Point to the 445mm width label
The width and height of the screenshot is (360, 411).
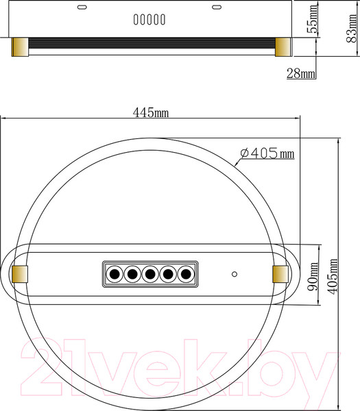(x=151, y=112)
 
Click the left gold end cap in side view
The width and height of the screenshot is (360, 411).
(x=21, y=47)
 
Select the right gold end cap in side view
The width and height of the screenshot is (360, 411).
(x=283, y=47)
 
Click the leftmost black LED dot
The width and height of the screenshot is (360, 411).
(x=115, y=274)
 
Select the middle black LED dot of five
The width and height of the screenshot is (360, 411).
(x=150, y=274)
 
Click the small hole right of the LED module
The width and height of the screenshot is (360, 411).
(x=235, y=274)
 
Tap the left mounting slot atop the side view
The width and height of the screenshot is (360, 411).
(x=84, y=8)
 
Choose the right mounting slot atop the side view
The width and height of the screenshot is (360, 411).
(x=218, y=8)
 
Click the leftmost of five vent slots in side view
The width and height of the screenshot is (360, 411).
(x=136, y=21)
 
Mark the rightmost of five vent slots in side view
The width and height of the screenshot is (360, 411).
(x=166, y=21)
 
